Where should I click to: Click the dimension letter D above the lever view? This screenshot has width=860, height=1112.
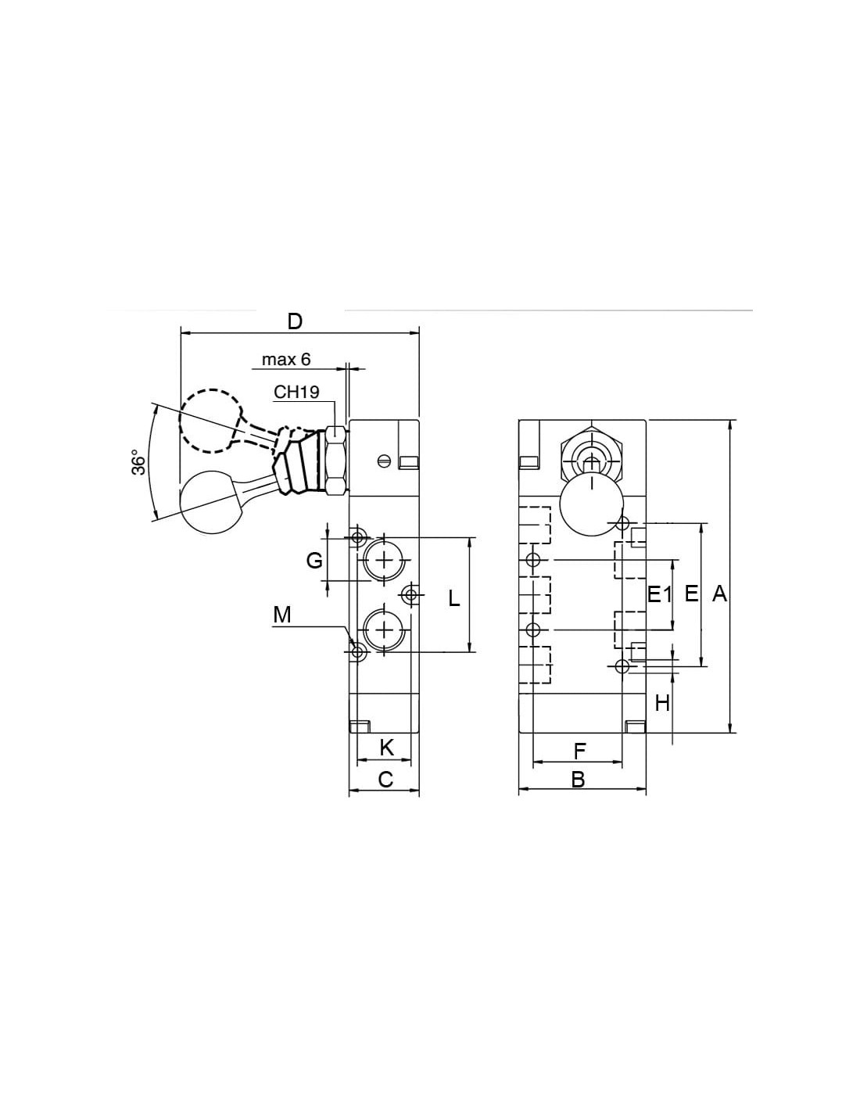(295, 321)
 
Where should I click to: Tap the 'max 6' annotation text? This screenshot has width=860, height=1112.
(286, 359)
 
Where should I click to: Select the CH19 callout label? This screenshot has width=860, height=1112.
(296, 392)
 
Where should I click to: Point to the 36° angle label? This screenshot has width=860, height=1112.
(138, 463)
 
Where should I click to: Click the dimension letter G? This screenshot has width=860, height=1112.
(314, 561)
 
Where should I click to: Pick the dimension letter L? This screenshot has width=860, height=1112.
(453, 597)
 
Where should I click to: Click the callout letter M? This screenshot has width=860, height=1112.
(282, 615)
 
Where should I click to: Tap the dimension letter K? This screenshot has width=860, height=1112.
(387, 748)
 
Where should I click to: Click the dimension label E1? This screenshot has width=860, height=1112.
(659, 594)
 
